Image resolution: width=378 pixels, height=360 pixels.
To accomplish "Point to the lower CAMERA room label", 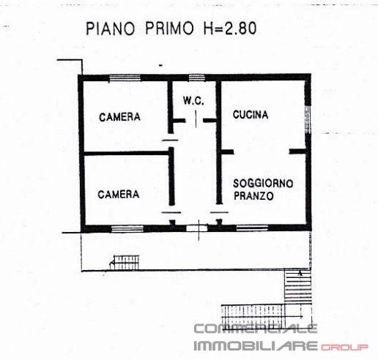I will (x=119, y=194).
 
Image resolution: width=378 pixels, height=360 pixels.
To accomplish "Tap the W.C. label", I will (x=193, y=100).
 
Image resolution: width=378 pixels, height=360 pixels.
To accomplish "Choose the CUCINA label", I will (x=251, y=115).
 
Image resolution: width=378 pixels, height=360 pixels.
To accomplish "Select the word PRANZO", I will (x=253, y=196).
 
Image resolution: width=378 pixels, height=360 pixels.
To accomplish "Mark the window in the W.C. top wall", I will (x=196, y=78).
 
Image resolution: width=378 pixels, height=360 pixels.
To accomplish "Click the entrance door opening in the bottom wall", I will (x=194, y=228).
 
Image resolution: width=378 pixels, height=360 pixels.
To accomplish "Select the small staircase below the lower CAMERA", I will (x=126, y=260).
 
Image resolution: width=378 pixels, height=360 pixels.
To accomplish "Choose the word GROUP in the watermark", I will (x=344, y=345).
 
